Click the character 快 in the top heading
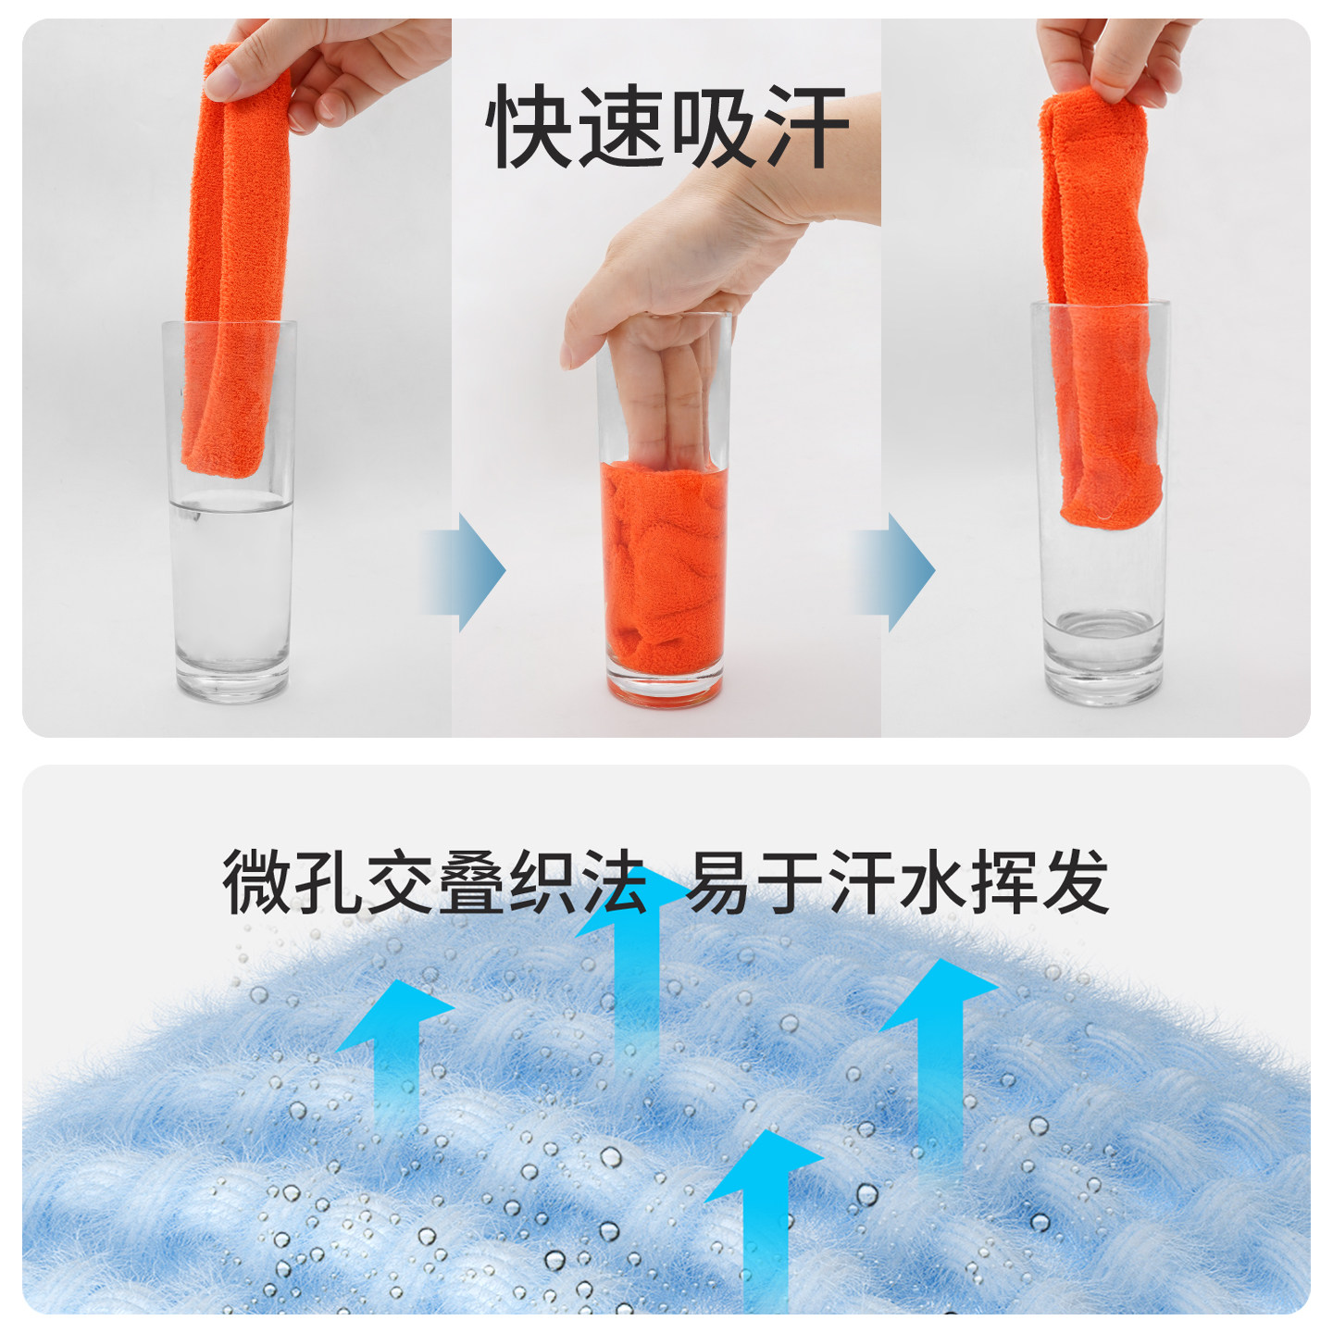[x=529, y=127]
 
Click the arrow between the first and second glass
[x=463, y=571]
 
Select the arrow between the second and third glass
[x=892, y=571]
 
